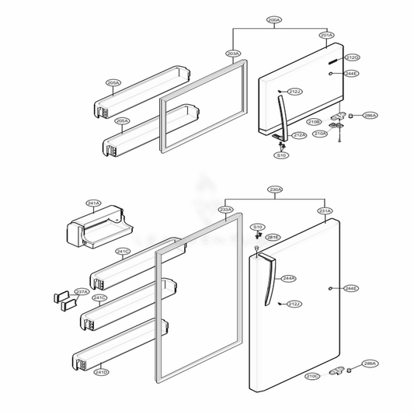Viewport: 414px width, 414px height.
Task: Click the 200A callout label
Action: coord(273,19)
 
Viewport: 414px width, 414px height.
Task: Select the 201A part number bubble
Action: coord(327,35)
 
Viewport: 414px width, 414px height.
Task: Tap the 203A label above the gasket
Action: coord(233,54)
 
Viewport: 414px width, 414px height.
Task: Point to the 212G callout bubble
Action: coord(352,57)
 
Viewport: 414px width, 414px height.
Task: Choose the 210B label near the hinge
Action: coord(314,122)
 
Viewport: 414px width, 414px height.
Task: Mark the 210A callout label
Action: coord(320,134)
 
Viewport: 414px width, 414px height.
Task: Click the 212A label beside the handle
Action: coord(298,135)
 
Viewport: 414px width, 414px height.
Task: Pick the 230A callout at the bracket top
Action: coord(275,190)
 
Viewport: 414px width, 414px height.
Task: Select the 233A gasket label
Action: coord(225,210)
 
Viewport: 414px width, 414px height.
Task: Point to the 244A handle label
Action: coord(288,278)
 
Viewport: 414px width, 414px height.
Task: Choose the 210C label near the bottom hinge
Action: coord(311,376)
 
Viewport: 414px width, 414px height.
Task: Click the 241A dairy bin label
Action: coord(94,204)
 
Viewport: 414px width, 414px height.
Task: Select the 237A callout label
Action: coord(81,292)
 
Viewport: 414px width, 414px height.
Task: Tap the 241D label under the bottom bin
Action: coord(101,372)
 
